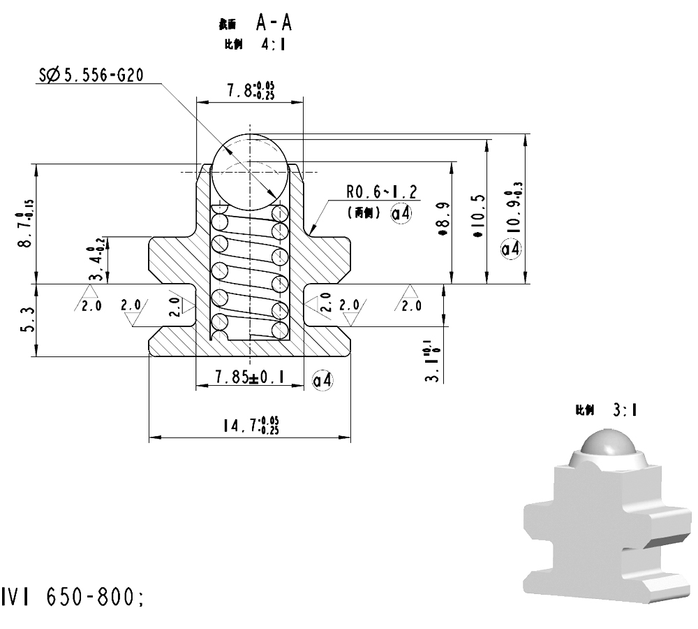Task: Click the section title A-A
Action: click(273, 23)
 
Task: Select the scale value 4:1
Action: click(273, 44)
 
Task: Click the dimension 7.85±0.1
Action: click(250, 377)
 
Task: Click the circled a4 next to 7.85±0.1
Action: click(322, 379)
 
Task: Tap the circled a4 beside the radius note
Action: click(401, 214)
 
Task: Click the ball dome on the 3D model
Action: click(607, 445)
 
